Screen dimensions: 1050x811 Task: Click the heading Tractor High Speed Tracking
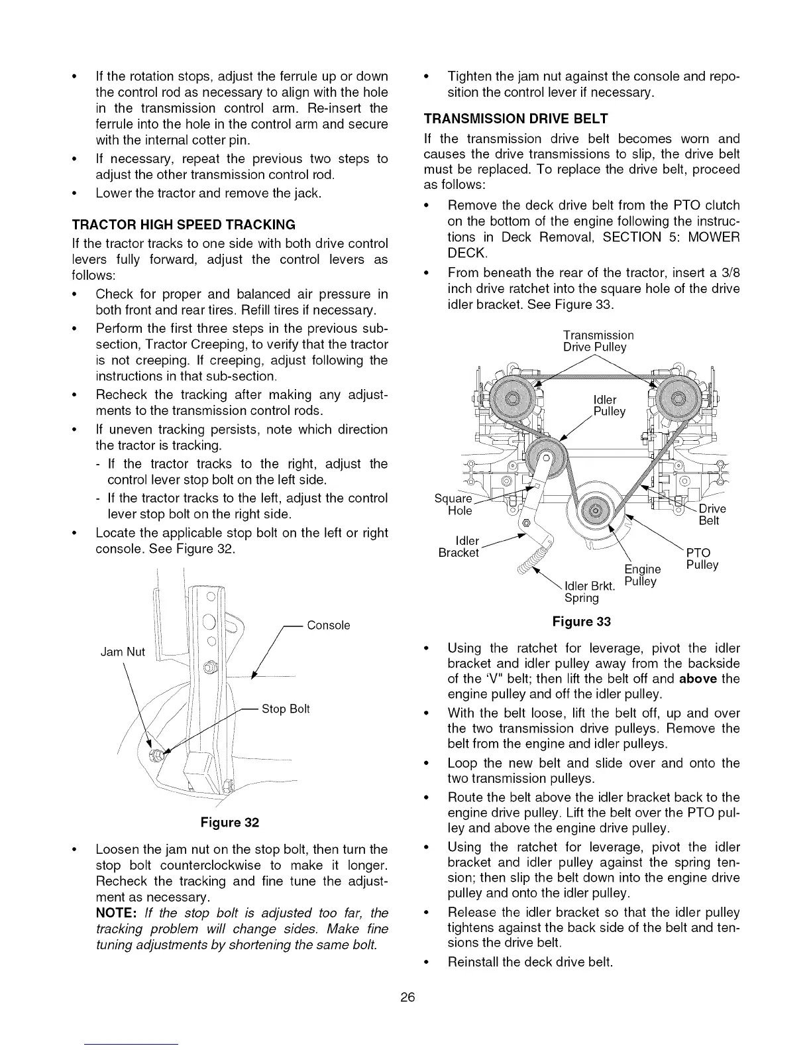pos(183,223)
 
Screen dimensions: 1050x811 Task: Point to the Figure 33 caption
pos(581,621)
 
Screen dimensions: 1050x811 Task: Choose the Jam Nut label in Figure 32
pos(122,652)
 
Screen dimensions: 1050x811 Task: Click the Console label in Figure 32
pos(329,625)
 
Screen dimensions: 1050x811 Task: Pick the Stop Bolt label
pos(286,709)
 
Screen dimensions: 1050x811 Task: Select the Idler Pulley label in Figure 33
pos(609,406)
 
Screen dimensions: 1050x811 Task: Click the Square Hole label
pos(453,504)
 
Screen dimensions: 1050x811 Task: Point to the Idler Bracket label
pos(459,547)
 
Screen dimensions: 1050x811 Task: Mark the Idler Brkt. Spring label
pos(589,592)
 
